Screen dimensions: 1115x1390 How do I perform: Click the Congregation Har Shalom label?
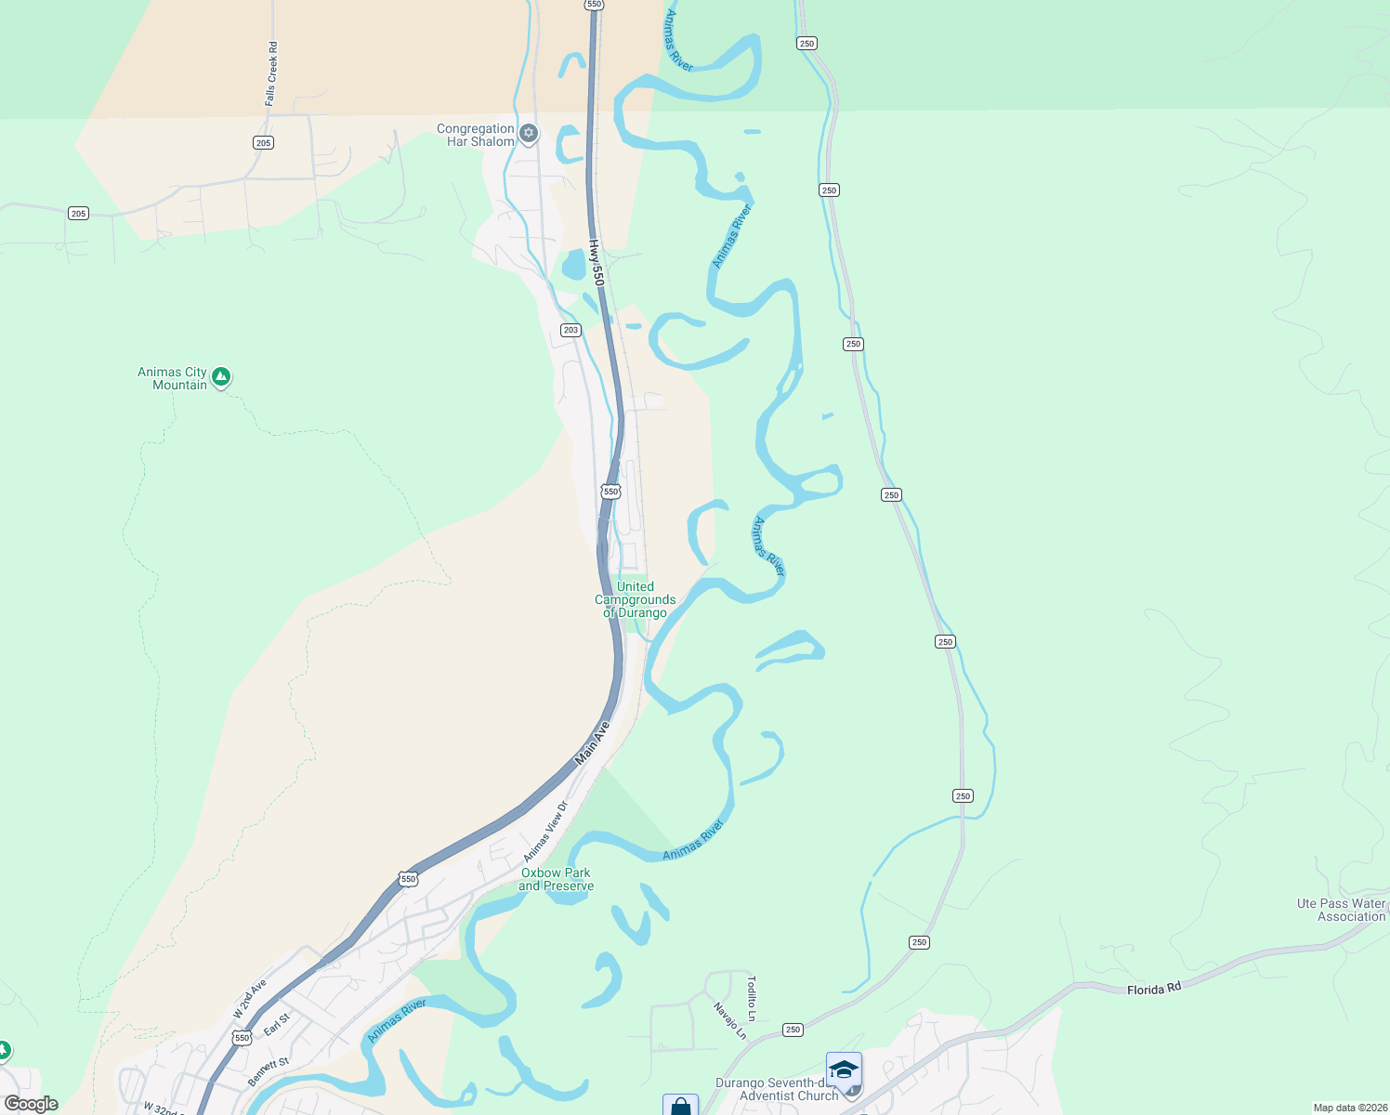point(475,136)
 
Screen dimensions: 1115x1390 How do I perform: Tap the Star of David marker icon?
point(529,134)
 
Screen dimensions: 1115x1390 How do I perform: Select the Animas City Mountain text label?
point(172,379)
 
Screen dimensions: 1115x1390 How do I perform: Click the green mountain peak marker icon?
point(220,376)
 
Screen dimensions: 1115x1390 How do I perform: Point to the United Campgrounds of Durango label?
point(636,600)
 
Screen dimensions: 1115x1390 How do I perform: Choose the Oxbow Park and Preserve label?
point(556,880)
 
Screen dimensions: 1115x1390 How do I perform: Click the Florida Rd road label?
point(1153,989)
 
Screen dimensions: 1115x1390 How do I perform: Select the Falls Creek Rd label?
point(271,73)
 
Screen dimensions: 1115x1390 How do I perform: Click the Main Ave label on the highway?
point(592,743)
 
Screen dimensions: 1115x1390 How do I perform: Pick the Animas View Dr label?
point(544,832)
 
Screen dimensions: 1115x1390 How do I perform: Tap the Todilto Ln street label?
point(752,999)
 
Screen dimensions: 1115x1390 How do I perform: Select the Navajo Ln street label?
point(729,1021)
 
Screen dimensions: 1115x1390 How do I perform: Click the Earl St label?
point(277,1024)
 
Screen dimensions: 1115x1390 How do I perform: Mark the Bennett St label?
point(269,1071)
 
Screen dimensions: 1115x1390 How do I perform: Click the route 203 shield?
point(570,330)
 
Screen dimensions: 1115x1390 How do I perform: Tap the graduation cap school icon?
point(844,1069)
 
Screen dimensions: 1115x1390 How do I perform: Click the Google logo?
point(32,1104)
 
